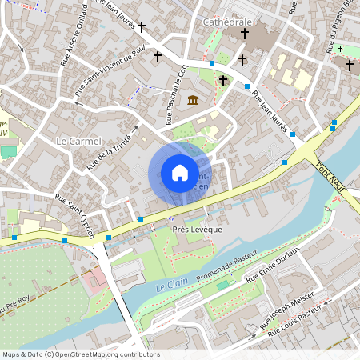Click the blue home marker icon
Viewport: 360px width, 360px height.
(179, 172)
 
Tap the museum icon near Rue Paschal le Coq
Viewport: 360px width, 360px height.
(193, 100)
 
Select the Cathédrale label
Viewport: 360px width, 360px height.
(227, 21)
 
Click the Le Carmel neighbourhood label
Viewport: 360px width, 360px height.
(79, 141)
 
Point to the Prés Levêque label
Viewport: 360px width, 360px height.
(197, 229)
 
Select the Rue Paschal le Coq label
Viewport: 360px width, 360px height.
(175, 95)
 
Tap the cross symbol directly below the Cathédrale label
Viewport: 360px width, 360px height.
(245, 34)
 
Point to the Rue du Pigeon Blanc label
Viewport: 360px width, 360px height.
(340, 28)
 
